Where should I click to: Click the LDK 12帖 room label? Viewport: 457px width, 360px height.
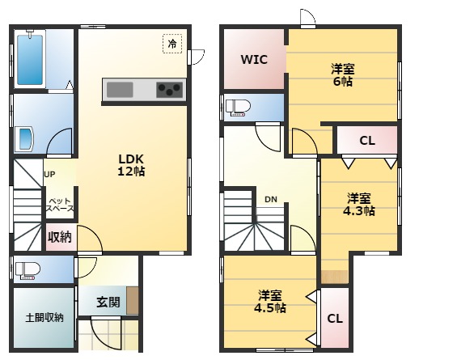pyautogui.click(x=131, y=165)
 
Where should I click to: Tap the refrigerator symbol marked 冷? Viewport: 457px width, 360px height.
pyautogui.click(x=172, y=44)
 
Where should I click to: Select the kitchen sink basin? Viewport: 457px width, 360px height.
pyautogui.click(x=120, y=90)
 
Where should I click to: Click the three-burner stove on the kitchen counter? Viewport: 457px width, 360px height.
pyautogui.click(x=170, y=90)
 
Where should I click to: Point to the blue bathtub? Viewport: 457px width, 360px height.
pyautogui.click(x=30, y=60)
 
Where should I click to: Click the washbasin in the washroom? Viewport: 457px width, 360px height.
pyautogui.click(x=26, y=139)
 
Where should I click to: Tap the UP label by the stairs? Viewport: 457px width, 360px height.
pyautogui.click(x=49, y=174)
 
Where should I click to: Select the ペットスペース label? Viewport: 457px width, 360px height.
pyautogui.click(x=60, y=205)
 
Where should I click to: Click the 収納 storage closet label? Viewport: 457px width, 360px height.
pyautogui.click(x=60, y=237)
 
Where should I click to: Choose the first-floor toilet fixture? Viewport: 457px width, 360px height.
pyautogui.click(x=28, y=271)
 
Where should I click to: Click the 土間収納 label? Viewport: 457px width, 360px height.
pyautogui.click(x=44, y=317)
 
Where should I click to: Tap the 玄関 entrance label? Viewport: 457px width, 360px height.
pyautogui.click(x=108, y=303)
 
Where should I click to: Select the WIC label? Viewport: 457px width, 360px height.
pyautogui.click(x=254, y=60)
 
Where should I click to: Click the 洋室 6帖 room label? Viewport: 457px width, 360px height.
pyautogui.click(x=343, y=75)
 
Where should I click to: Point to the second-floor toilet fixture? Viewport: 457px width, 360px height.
pyautogui.click(x=238, y=108)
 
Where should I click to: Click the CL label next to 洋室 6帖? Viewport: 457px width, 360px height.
pyautogui.click(x=367, y=141)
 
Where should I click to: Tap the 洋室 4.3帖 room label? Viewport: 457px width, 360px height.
pyautogui.click(x=359, y=205)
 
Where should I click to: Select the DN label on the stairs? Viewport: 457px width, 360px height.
pyautogui.click(x=271, y=200)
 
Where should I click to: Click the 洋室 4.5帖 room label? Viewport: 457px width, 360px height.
pyautogui.click(x=270, y=302)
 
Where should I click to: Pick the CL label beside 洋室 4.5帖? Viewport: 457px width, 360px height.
pyautogui.click(x=335, y=319)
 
